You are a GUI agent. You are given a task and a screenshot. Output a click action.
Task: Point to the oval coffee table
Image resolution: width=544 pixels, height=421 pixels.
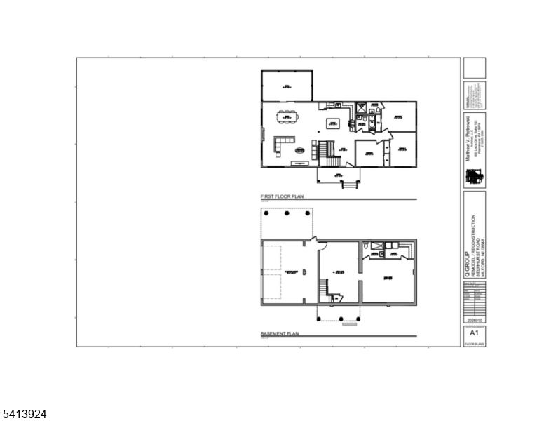point(300,150)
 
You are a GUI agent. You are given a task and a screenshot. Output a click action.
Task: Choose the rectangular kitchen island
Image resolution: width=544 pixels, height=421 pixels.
point(332,123)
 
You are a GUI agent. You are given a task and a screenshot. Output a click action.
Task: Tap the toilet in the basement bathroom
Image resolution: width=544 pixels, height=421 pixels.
point(367,246)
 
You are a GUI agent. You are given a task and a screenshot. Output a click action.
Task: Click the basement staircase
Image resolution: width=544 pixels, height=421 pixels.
point(325,288)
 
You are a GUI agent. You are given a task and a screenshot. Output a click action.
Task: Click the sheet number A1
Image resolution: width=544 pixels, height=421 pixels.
point(474,333)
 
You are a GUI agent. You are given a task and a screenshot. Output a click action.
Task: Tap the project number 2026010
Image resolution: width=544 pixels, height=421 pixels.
point(474,320)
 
